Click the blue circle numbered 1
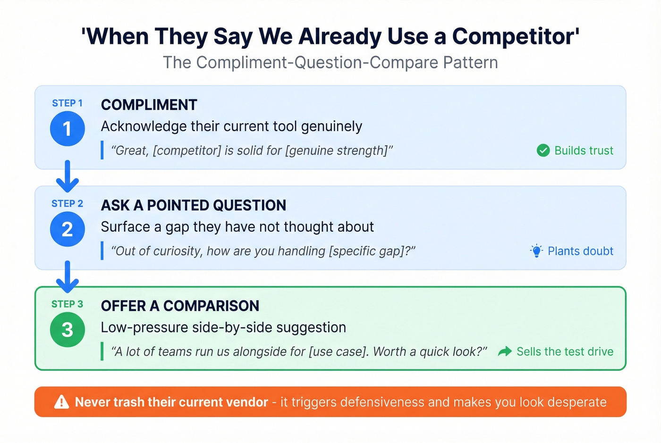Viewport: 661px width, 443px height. [x=68, y=129]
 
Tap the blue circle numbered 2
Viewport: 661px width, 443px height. [x=68, y=229]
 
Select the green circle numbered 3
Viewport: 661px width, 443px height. [x=68, y=330]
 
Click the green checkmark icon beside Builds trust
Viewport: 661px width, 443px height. [x=543, y=150]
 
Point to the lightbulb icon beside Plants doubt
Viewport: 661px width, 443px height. [x=536, y=251]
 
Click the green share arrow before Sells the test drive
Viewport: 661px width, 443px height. [x=505, y=351]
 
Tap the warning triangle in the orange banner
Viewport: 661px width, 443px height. [x=62, y=402]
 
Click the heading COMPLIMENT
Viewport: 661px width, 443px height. [x=149, y=105]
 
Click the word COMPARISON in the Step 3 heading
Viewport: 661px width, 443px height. [x=211, y=306]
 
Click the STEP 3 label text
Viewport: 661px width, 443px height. [x=67, y=304]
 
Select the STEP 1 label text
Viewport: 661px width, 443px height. [x=67, y=103]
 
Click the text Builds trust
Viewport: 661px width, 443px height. [x=584, y=150]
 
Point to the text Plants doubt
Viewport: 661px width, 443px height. [x=580, y=251]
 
